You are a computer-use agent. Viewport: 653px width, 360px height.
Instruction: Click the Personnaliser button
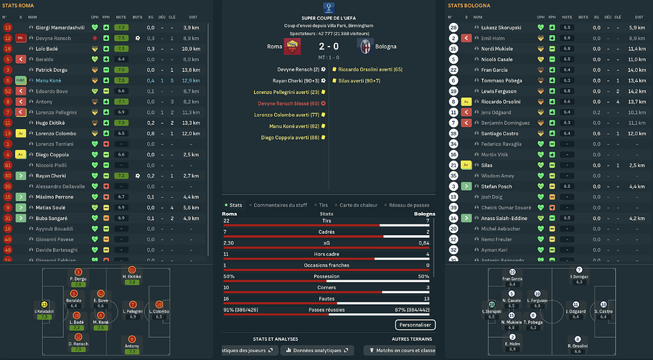[x=415, y=325]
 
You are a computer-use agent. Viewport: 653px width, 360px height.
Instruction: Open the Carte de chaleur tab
[x=358, y=205]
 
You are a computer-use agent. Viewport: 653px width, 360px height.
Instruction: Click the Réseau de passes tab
[x=409, y=205]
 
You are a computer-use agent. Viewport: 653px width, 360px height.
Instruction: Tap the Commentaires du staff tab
[x=279, y=205]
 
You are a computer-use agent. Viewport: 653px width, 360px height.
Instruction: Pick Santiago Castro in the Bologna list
[x=500, y=134]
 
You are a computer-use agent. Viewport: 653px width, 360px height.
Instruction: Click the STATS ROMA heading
[x=19, y=5]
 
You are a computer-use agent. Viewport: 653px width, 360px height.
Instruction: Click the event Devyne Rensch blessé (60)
[x=288, y=103]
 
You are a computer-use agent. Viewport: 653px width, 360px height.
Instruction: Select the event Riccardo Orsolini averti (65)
[x=367, y=70]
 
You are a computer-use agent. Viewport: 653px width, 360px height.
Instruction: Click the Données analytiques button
[x=316, y=350]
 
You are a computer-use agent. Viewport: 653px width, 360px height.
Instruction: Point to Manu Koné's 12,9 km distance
[x=190, y=80]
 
